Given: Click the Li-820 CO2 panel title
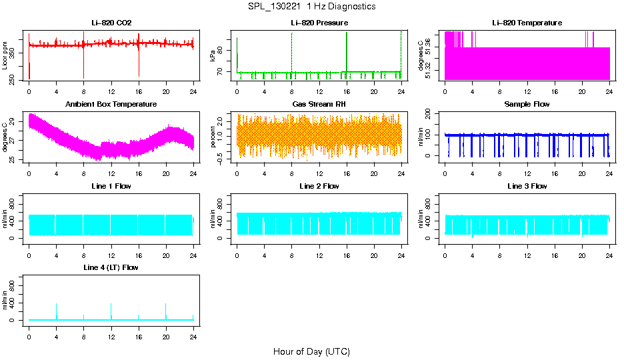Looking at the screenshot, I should pyautogui.click(x=111, y=23).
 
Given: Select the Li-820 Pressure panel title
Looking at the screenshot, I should pyautogui.click(x=319, y=23).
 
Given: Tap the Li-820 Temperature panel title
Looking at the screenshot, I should pyautogui.click(x=527, y=23).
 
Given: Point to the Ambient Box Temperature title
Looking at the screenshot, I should pyautogui.click(x=111, y=105).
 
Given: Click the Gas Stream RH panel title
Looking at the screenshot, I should pyautogui.click(x=319, y=105).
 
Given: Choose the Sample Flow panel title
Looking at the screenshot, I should pyautogui.click(x=527, y=105).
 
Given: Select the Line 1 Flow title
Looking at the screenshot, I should pyautogui.click(x=111, y=186).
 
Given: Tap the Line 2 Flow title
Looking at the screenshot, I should pyautogui.click(x=319, y=186).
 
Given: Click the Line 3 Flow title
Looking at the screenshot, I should pyautogui.click(x=527, y=186).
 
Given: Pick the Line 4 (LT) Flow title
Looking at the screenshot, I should pyautogui.click(x=111, y=267).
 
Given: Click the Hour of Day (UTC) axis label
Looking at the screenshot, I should pyautogui.click(x=311, y=351).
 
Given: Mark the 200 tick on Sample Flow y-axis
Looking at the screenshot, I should pyautogui.click(x=431, y=114).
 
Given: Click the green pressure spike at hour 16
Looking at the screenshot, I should pyautogui.click(x=347, y=50).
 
